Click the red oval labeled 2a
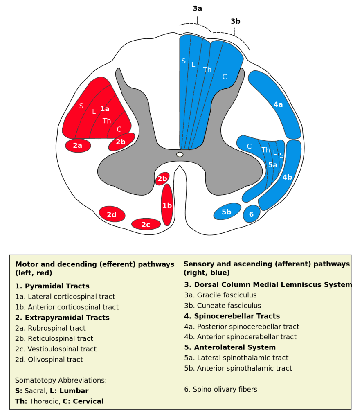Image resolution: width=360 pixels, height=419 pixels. [x=78, y=145]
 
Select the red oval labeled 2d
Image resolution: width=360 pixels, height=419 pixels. [x=112, y=214]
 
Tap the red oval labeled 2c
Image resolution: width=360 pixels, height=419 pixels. [x=146, y=224]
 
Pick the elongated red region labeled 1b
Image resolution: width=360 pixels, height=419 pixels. [x=167, y=205]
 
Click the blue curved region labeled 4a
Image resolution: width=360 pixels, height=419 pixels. [x=278, y=105]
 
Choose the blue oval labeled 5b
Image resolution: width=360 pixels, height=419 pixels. [x=227, y=212]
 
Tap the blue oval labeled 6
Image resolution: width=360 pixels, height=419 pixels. [x=251, y=214]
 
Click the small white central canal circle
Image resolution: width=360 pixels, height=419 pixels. [x=180, y=154]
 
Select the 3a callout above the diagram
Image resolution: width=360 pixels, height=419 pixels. [x=198, y=9]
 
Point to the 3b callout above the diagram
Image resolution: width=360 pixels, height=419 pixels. [x=235, y=21]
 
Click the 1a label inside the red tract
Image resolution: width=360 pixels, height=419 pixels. [x=105, y=109]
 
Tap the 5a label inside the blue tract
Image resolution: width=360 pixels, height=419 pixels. [x=272, y=165]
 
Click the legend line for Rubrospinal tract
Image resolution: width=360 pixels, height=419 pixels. [x=51, y=328]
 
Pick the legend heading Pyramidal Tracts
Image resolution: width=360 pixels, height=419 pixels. [x=52, y=286]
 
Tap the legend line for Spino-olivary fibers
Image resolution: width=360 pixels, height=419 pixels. [x=221, y=389]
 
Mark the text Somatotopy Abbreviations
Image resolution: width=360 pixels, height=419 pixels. [x=61, y=380]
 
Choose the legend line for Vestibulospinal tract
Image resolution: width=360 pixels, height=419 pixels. [x=56, y=349]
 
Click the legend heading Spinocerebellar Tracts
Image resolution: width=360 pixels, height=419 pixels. [x=232, y=316]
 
